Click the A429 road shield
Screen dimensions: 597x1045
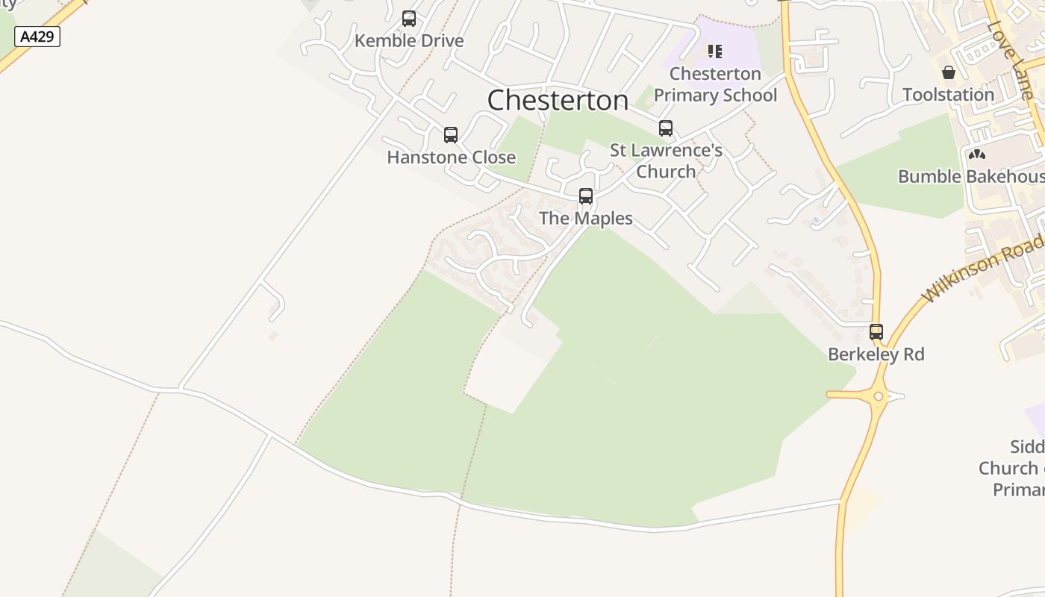tap(37, 37)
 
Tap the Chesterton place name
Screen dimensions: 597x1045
tap(558, 100)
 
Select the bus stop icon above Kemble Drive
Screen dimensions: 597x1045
tap(409, 19)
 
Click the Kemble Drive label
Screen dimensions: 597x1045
tap(409, 40)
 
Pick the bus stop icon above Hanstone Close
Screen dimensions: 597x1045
tap(451, 135)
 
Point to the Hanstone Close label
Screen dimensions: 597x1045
tap(451, 157)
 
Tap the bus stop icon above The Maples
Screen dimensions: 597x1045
tap(586, 196)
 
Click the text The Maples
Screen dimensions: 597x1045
tap(586, 218)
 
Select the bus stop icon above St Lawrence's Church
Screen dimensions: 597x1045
tap(666, 128)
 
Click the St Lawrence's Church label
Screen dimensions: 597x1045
tap(666, 160)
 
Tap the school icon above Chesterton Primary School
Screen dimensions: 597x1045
tap(715, 51)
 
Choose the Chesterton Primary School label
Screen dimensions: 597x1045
tap(715, 84)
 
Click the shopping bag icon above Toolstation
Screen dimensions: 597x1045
tap(949, 72)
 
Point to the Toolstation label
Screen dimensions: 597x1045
tap(949, 95)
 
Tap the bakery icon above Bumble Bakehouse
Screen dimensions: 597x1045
tap(977, 154)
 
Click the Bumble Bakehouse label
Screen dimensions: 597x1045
tap(971, 176)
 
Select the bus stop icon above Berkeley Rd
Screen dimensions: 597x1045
tap(876, 332)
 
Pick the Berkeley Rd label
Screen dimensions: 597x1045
tap(876, 354)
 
